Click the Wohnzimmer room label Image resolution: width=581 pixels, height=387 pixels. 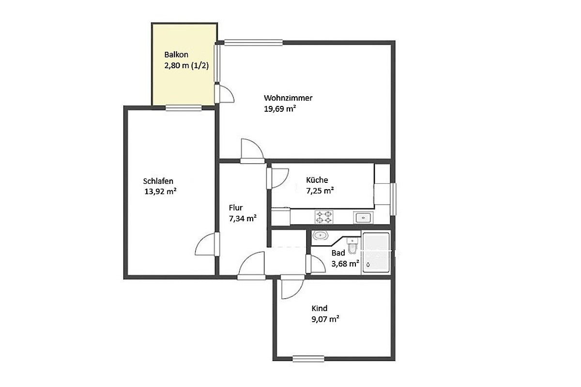point(288,98)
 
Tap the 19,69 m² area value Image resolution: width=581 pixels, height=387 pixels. point(280,109)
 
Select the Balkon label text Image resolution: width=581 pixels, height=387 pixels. point(176,55)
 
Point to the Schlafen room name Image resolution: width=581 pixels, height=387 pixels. point(158,181)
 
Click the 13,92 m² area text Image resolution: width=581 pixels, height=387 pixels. point(160,192)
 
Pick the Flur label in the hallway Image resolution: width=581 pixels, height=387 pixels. point(235,208)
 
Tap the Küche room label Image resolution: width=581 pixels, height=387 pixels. point(317,180)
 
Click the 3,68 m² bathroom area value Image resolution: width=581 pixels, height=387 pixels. point(345,264)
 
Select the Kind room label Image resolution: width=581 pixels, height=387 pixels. point(319,308)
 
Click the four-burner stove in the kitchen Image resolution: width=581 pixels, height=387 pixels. point(324,217)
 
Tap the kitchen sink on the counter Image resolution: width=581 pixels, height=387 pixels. point(363,218)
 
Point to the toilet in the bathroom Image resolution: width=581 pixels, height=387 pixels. point(352,245)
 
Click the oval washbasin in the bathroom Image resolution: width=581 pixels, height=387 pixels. point(321,236)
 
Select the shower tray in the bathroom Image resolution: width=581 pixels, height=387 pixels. point(376,253)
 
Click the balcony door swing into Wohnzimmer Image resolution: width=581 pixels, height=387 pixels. point(225,94)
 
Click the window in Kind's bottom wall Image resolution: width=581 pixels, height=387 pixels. point(308,359)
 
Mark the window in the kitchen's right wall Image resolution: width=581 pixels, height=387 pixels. point(394,199)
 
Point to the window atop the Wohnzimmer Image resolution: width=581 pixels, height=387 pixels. point(253,43)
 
